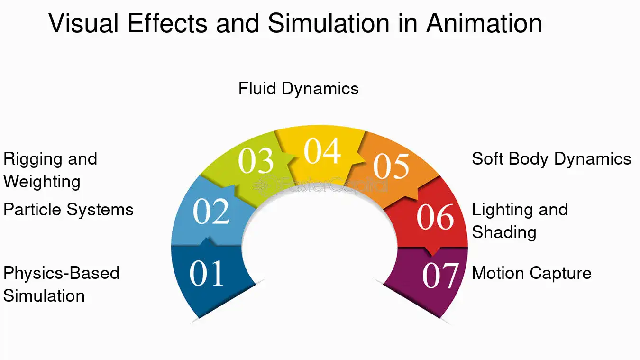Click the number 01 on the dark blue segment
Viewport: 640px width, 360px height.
(206, 273)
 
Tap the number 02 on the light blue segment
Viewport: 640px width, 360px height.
(211, 212)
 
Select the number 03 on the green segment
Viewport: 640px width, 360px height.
(256, 160)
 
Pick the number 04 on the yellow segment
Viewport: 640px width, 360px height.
(322, 151)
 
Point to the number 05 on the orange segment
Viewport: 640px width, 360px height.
(391, 166)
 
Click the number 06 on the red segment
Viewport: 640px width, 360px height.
(435, 217)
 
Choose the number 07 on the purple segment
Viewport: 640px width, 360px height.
(440, 276)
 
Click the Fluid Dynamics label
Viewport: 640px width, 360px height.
(298, 89)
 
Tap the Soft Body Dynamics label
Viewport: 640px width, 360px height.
(551, 159)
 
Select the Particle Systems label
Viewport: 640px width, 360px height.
(68, 210)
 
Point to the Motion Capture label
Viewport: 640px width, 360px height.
(532, 273)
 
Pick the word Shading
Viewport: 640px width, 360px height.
(504, 233)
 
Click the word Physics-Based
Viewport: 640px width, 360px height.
(61, 274)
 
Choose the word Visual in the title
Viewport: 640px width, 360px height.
(83, 23)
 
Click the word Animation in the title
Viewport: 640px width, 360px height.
(484, 23)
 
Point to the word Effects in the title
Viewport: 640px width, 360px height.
(167, 23)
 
